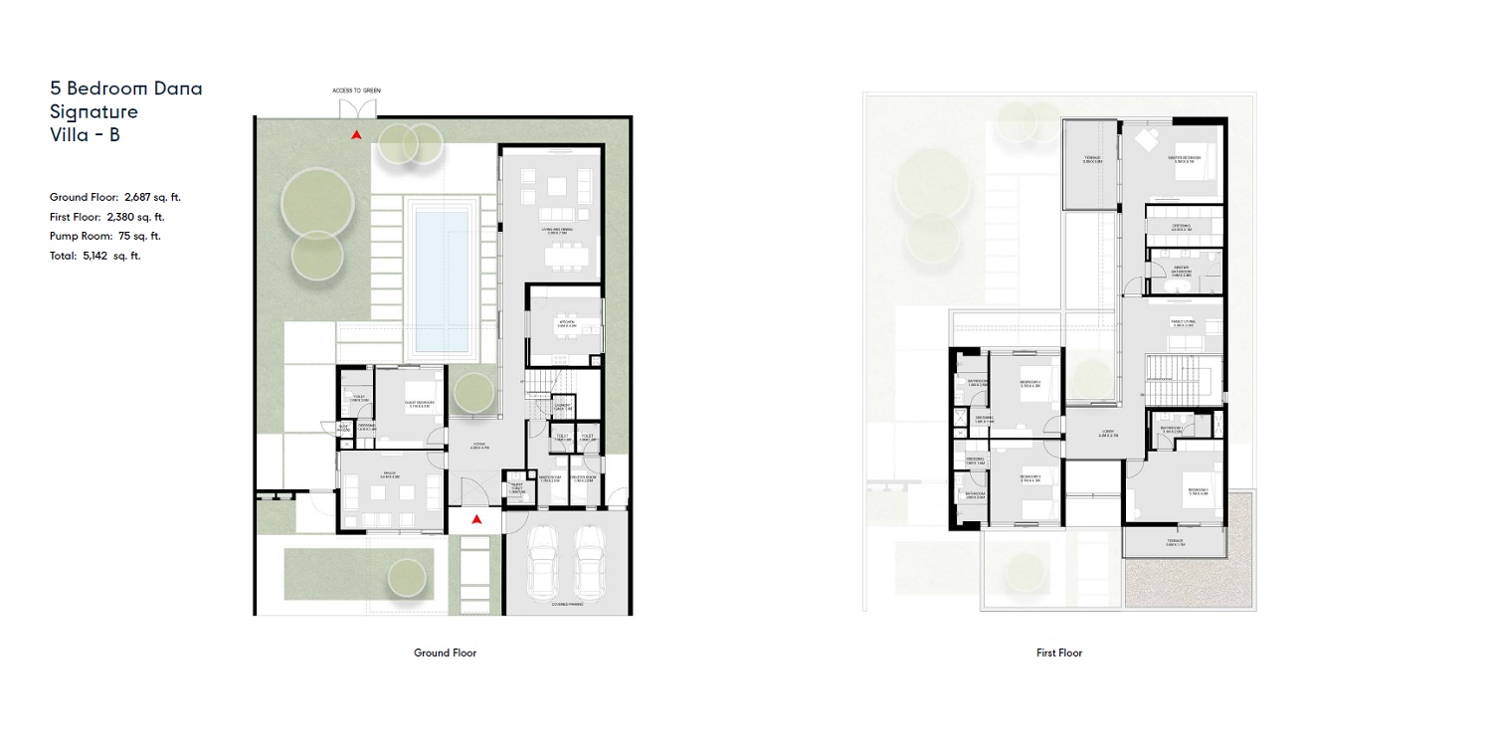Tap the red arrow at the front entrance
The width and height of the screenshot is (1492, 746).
pos(476,519)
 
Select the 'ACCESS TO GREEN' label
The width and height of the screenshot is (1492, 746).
pos(356,91)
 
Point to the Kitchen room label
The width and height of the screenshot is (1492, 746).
pos(566,324)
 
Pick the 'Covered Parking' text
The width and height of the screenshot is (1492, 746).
pos(565,604)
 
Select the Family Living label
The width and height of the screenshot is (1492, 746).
pos(1181,324)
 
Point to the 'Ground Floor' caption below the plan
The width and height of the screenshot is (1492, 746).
pos(445,653)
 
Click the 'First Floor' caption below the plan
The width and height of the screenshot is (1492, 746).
pos(1058,653)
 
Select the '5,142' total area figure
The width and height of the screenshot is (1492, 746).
pos(95,256)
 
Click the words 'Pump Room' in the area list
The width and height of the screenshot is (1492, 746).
pos(76,236)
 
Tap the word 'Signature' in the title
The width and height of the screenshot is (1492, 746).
pos(93,111)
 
